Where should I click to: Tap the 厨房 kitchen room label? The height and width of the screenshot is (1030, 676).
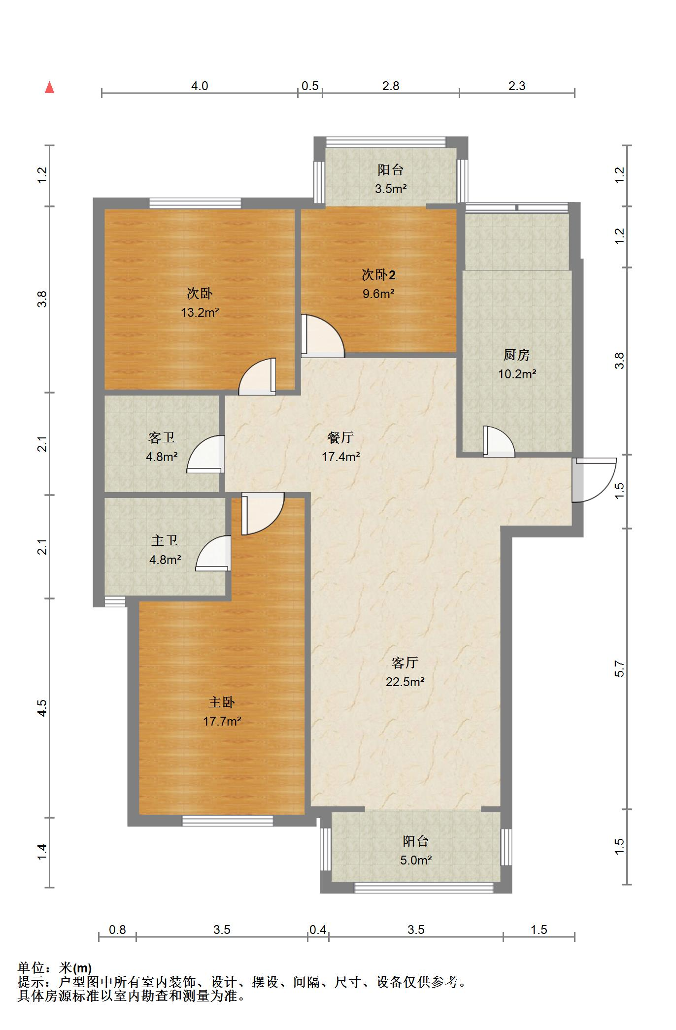coord(516,355)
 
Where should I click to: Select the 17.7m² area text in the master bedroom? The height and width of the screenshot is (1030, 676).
coord(222,722)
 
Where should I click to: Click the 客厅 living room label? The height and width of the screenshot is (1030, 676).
coord(405,663)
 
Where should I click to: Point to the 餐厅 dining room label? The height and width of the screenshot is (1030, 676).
coord(340,437)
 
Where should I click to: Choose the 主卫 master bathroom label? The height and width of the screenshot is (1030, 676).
coord(165,541)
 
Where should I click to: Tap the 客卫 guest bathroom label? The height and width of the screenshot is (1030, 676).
coord(162,437)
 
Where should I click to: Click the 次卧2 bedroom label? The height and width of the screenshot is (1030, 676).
coord(378,275)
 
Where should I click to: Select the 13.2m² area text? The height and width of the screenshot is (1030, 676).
coord(200,313)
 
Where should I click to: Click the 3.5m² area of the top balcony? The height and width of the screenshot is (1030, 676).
coord(391,189)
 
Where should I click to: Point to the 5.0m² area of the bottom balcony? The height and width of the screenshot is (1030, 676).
coord(416,861)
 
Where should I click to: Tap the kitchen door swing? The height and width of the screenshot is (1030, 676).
coord(499,441)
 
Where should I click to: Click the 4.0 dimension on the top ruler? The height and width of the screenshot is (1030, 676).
coord(200,86)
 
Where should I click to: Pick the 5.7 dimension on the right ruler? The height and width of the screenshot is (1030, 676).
coord(619,668)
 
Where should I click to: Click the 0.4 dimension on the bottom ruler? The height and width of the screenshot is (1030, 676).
coord(318,930)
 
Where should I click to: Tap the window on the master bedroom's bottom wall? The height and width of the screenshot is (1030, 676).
coord(228,821)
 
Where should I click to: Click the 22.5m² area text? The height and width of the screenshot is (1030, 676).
coord(405,682)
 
